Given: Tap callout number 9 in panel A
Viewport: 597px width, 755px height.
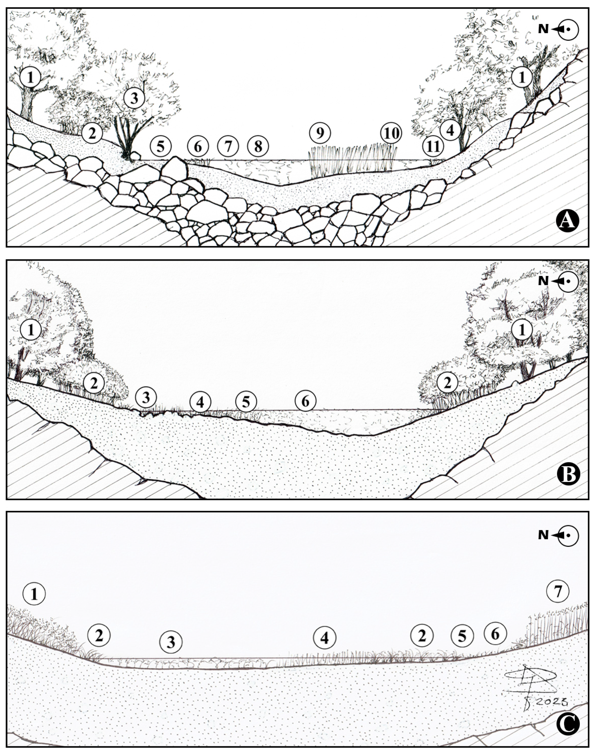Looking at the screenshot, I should tap(320, 133).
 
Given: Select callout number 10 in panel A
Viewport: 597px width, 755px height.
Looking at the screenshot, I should tap(391, 133).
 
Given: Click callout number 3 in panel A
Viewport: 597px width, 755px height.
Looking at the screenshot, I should tap(134, 99).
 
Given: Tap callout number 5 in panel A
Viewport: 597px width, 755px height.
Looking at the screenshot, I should tap(161, 146).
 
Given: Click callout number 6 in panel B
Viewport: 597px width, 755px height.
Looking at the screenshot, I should tap(305, 402).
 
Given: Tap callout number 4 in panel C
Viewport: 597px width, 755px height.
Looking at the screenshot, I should tap(325, 638).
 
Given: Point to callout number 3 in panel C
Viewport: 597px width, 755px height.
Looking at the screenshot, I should tap(171, 642).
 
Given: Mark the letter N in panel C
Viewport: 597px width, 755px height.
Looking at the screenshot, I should tap(543, 535).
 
